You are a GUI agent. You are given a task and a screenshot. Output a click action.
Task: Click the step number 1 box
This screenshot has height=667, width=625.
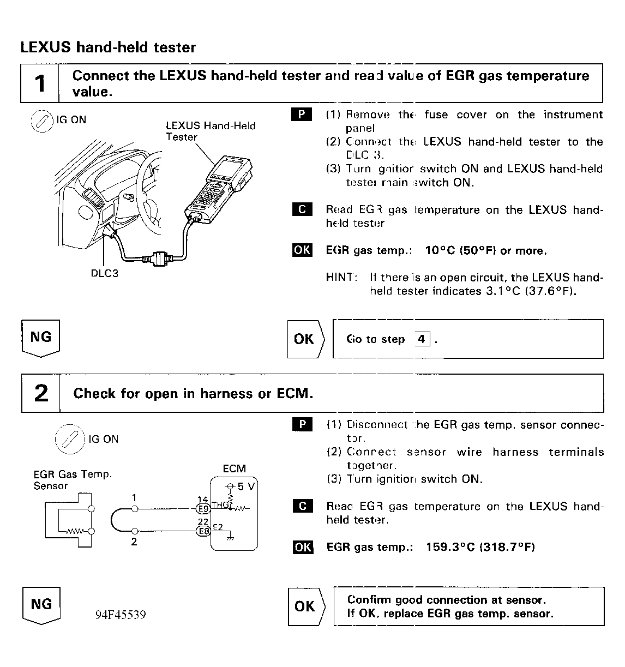[40, 83]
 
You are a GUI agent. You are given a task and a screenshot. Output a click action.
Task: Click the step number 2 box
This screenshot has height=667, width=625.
[41, 393]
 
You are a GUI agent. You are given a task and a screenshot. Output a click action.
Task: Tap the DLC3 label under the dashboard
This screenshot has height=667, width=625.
[104, 273]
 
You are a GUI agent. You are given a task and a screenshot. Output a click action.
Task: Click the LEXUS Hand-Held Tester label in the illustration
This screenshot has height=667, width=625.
[211, 131]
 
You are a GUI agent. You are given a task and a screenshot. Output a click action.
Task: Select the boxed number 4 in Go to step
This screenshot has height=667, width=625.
[422, 339]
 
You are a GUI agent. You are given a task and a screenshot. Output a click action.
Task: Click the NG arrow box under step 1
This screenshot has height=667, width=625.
[41, 338]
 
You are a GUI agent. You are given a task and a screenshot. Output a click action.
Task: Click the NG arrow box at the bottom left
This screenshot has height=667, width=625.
[41, 605]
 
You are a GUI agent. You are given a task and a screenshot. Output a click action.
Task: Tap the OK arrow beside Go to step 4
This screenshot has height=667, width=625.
[305, 339]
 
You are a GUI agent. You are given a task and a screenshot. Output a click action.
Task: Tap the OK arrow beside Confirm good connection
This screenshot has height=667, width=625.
[305, 606]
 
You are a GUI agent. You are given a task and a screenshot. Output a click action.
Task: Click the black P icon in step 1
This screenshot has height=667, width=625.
[302, 115]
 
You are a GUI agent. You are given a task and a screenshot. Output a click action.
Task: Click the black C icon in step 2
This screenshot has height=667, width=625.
[303, 506]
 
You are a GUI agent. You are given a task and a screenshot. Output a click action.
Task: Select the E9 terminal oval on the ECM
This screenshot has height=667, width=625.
[203, 508]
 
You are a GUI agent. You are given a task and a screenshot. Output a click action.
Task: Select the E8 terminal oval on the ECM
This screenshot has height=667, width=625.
[203, 531]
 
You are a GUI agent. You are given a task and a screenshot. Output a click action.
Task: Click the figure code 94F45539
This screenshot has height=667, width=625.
[121, 615]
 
